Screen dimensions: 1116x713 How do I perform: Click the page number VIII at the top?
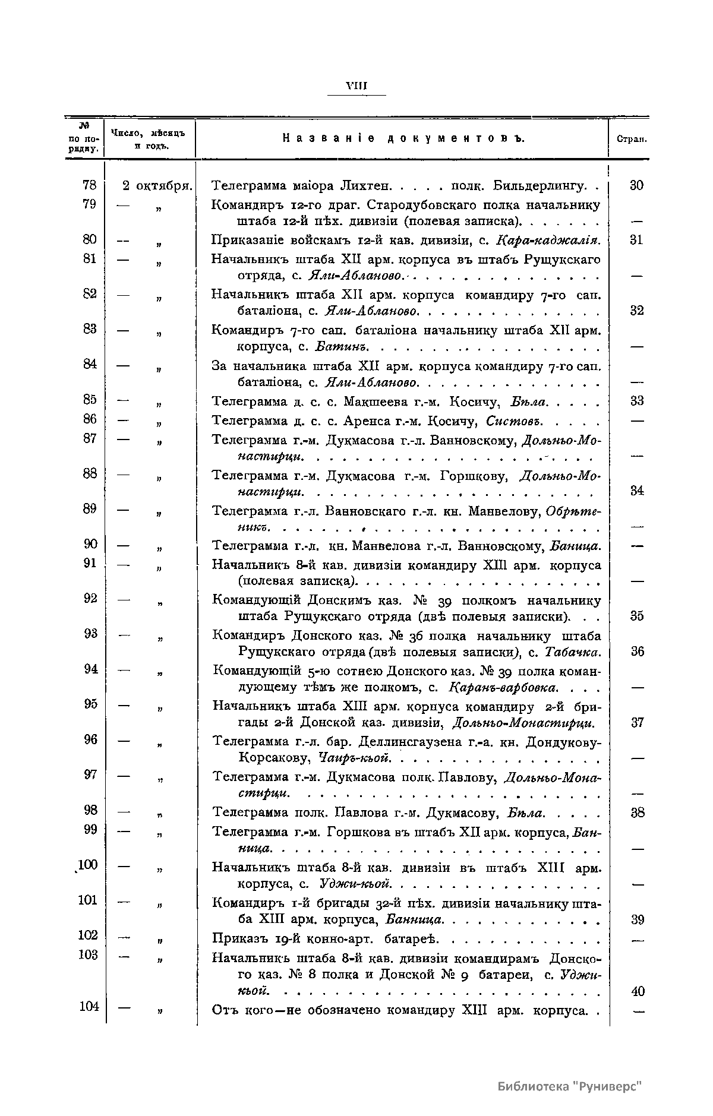pyautogui.click(x=356, y=87)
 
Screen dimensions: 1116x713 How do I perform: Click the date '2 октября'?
pyautogui.click(x=157, y=185)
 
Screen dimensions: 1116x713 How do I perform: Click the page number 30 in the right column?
pyautogui.click(x=636, y=185)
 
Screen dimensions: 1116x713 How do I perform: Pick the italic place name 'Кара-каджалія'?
pyautogui.click(x=548, y=240)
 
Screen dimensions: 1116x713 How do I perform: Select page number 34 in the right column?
pyautogui.click(x=637, y=491)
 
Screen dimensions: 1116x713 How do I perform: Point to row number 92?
pyautogui.click(x=90, y=598)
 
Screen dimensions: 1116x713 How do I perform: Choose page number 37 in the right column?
pyautogui.click(x=637, y=723)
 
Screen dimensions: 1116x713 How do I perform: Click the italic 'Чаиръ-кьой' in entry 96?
pyautogui.click(x=354, y=758)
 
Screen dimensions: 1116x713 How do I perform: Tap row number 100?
pyautogui.click(x=87, y=864)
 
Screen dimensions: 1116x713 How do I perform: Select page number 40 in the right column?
pyautogui.click(x=637, y=991)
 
